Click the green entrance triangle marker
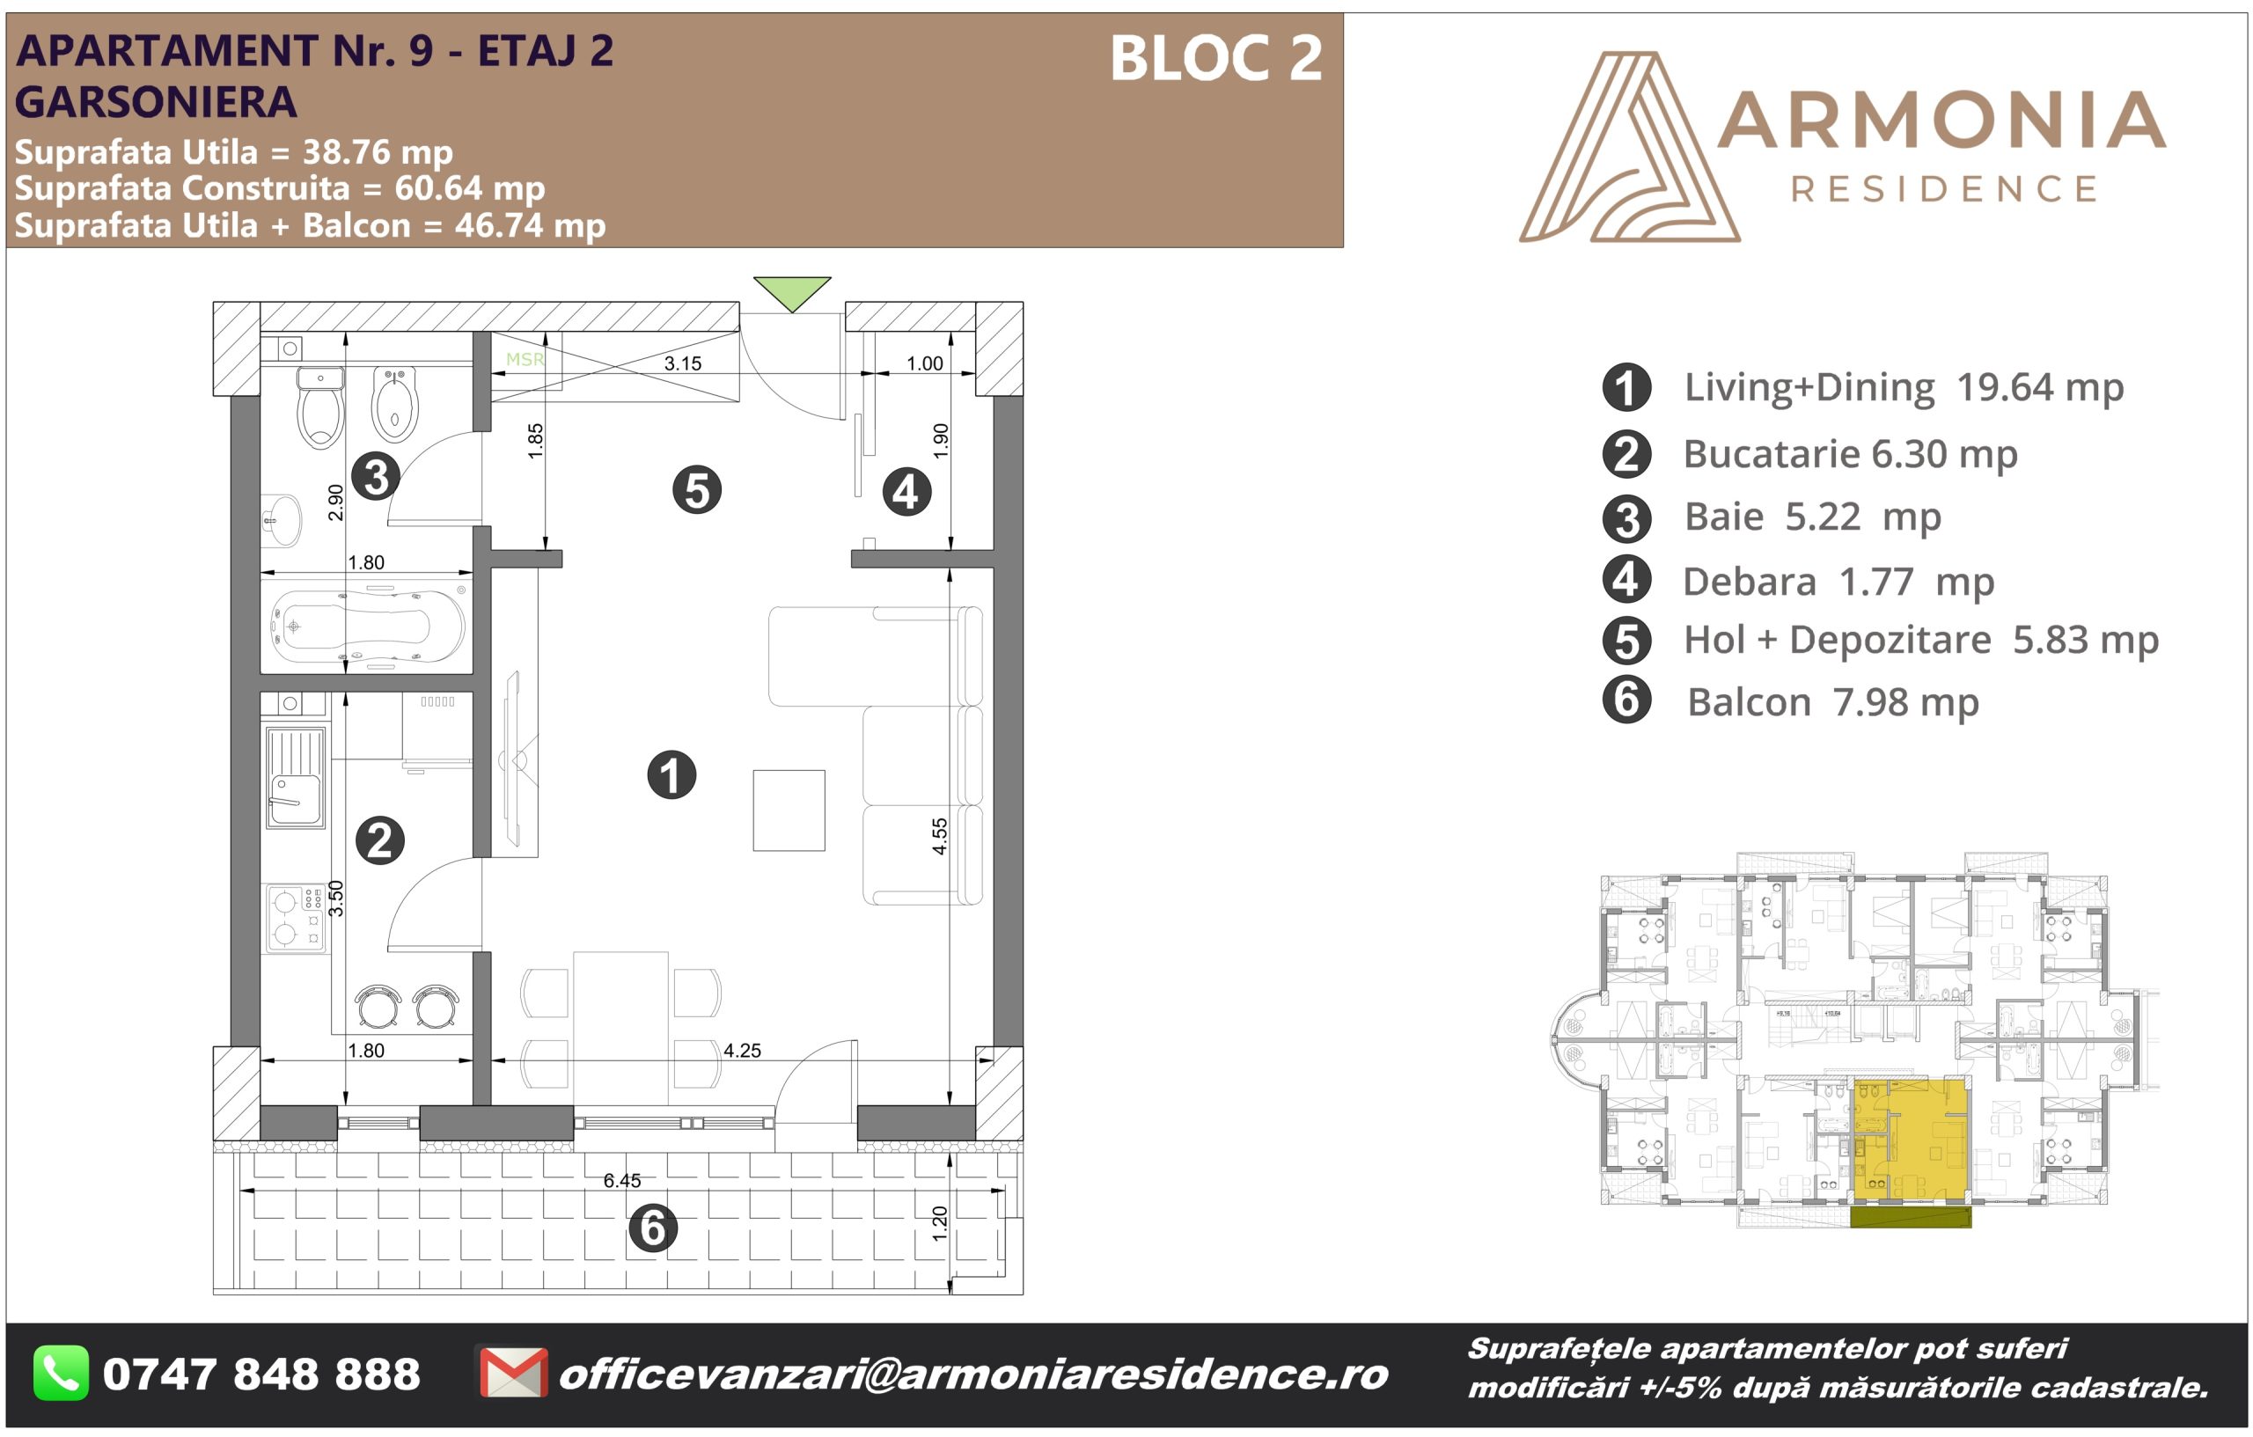(x=791, y=291)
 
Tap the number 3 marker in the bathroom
(x=376, y=476)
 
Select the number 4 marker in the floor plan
(x=906, y=492)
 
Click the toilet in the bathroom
(x=320, y=408)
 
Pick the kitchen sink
(x=296, y=777)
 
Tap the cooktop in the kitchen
(x=296, y=919)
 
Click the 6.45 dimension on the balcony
(x=622, y=1181)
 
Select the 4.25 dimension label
(x=742, y=1051)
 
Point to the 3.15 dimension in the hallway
(x=682, y=363)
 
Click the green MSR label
(x=525, y=359)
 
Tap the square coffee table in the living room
(x=789, y=810)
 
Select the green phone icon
(x=62, y=1374)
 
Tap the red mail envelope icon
(x=513, y=1374)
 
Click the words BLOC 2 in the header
(x=1216, y=58)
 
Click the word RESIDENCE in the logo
(x=1943, y=189)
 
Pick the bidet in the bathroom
(x=395, y=405)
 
